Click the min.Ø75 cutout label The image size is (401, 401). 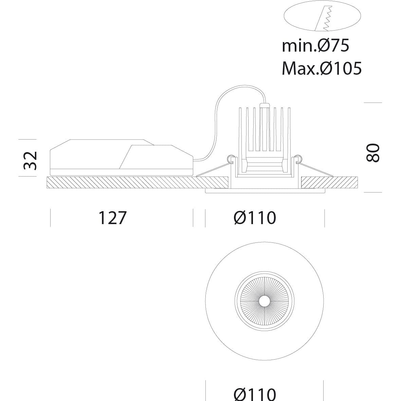[x=315, y=46]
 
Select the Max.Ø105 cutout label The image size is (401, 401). [x=322, y=68]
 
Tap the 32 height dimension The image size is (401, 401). [x=30, y=161]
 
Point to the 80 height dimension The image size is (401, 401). [x=373, y=153]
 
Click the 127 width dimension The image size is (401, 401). [x=112, y=218]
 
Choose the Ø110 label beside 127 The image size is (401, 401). [x=255, y=218]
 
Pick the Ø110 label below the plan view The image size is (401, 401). [x=255, y=395]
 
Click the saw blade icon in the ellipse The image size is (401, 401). [x=324, y=18]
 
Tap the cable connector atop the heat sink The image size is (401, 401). [x=265, y=105]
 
